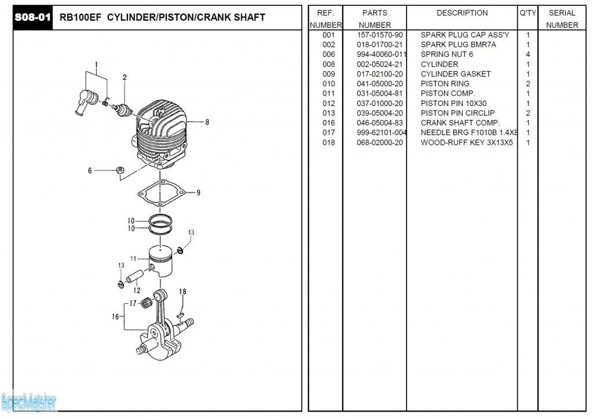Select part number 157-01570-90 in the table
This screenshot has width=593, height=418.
click(379, 35)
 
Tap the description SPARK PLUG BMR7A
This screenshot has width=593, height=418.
click(458, 45)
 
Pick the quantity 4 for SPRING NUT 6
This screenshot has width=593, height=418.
click(528, 54)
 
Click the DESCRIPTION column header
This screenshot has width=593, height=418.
click(462, 13)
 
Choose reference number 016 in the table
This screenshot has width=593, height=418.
click(328, 123)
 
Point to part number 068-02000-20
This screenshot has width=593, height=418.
click(379, 143)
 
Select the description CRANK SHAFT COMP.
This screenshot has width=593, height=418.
click(460, 123)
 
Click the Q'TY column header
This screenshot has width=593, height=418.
click(528, 13)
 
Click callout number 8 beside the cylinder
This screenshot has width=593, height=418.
click(207, 122)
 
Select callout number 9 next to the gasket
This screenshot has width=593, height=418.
click(198, 193)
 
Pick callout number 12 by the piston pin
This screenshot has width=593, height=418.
click(137, 290)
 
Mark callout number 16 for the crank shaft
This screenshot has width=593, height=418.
click(115, 317)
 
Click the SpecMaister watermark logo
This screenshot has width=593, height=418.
click(28, 401)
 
